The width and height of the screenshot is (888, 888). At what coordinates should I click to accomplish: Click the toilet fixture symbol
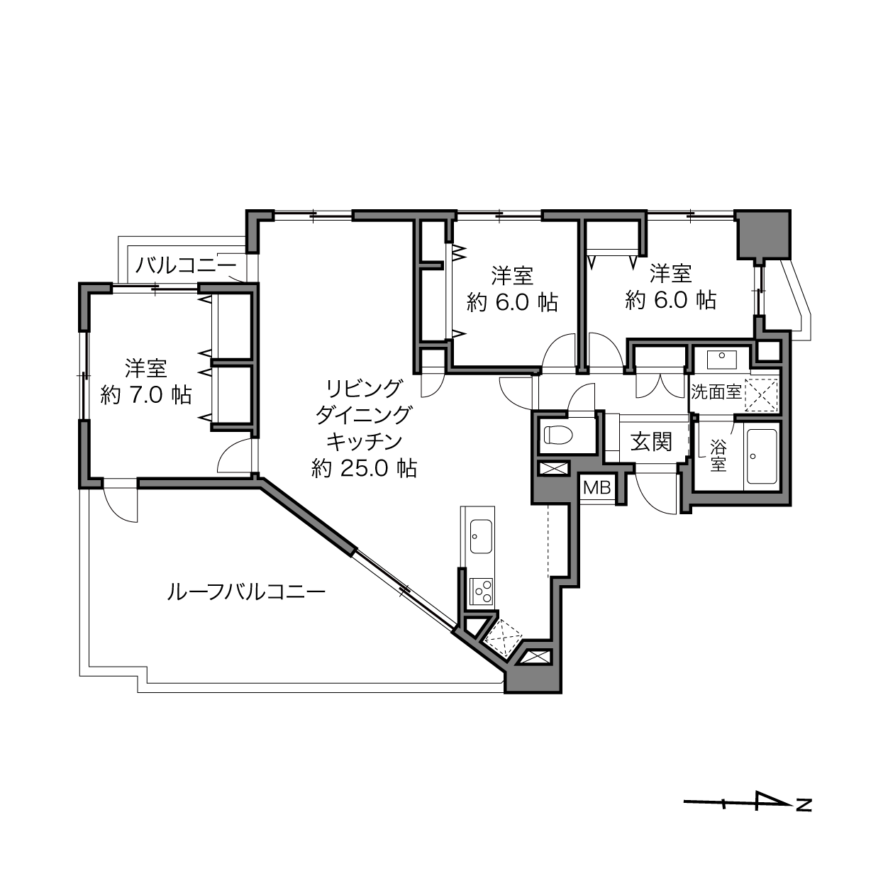point(558,435)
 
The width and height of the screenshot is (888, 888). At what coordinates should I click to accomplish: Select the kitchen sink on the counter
point(482,536)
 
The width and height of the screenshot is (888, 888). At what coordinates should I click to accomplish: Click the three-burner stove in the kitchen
point(482,592)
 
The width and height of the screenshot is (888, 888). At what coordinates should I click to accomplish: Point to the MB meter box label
point(596,487)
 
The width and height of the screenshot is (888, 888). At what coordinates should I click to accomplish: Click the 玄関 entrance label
point(651,442)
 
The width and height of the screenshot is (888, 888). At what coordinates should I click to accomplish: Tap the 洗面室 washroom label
point(716,392)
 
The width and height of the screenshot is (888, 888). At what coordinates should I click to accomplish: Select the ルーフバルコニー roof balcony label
point(246,592)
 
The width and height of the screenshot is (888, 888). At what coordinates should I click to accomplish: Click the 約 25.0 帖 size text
point(364,469)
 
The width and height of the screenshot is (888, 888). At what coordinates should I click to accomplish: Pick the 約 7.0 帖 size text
point(145,395)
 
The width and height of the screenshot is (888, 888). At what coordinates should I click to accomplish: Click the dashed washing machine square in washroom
point(761,395)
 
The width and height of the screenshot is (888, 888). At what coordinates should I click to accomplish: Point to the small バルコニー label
point(186,265)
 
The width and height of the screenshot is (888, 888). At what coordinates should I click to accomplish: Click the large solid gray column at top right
point(762,235)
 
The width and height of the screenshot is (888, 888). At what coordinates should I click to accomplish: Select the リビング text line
point(364,389)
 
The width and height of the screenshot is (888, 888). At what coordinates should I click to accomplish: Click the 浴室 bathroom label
point(718,455)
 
